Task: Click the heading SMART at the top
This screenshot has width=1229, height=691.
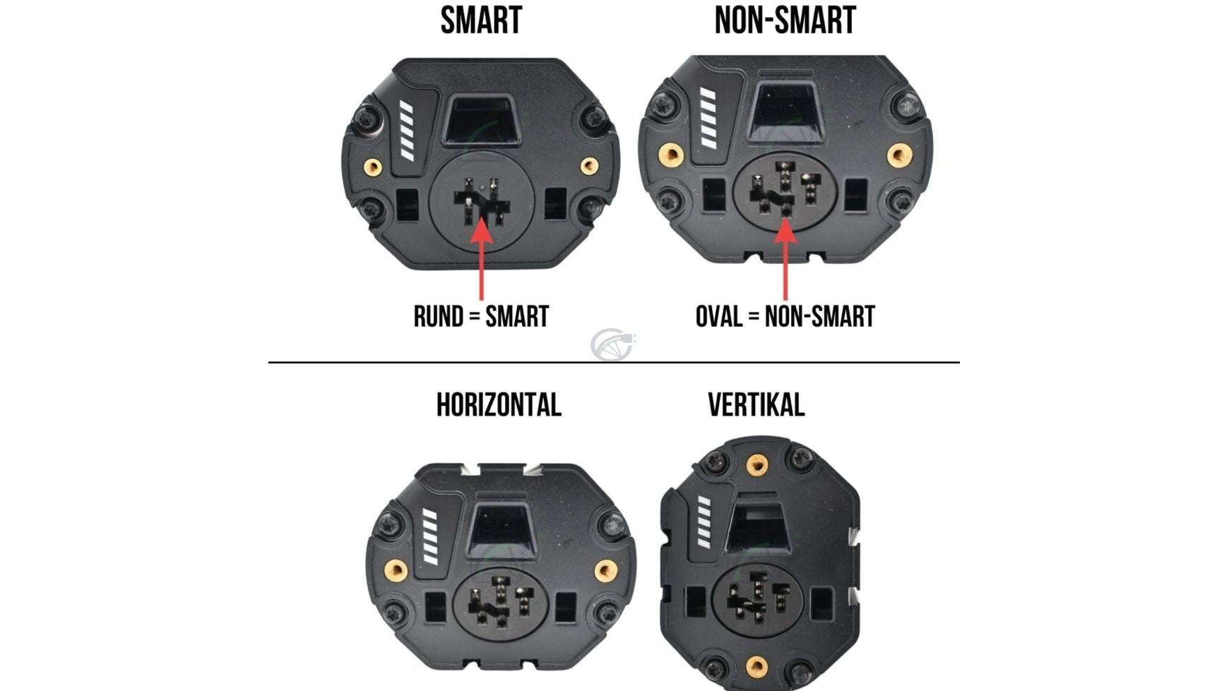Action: (481, 20)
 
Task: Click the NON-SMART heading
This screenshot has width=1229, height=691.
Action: (785, 20)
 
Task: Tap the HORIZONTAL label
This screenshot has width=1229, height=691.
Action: (499, 405)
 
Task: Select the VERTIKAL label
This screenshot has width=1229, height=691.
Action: (756, 405)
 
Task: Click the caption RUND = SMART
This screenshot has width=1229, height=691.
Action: (481, 316)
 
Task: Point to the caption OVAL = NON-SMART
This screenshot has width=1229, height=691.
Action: (785, 316)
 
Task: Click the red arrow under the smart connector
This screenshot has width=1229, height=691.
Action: (481, 258)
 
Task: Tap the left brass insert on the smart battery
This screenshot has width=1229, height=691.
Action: (373, 167)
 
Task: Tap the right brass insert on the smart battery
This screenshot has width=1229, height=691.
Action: (589, 166)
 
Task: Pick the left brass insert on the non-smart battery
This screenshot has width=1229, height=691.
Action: (670, 155)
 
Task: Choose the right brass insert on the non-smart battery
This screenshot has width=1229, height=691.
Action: (899, 155)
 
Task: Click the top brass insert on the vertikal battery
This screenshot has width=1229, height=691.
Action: (757, 464)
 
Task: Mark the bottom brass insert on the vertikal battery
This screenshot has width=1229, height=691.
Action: (756, 666)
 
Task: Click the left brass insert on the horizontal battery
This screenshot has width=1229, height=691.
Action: (396, 570)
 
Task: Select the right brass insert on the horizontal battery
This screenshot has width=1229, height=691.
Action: (605, 570)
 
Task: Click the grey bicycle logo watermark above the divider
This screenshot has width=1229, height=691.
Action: (612, 344)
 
